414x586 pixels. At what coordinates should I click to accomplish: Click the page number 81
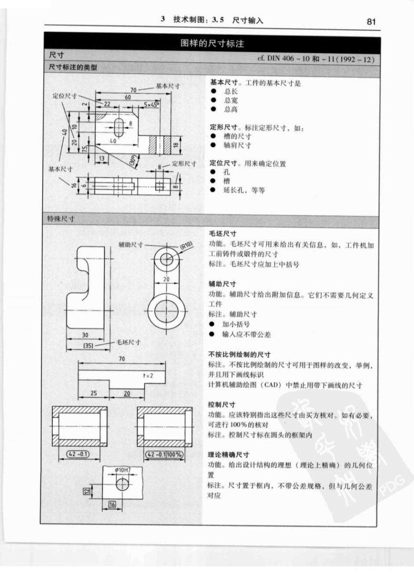[371, 22]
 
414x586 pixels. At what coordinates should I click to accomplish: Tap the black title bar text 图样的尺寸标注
[212, 43]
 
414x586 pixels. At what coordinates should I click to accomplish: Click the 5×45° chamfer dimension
[152, 105]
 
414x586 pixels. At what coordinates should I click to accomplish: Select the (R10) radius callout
[186, 246]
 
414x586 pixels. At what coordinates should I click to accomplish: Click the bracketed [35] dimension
[88, 346]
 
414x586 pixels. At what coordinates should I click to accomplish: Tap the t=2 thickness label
[148, 376]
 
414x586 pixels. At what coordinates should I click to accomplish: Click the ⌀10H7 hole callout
[123, 470]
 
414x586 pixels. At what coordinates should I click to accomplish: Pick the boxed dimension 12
[87, 492]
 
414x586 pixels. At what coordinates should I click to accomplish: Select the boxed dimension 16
[112, 505]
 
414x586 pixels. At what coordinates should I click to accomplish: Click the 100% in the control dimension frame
[174, 454]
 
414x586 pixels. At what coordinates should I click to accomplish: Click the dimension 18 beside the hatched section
[176, 145]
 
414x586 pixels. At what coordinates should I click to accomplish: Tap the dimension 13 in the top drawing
[101, 158]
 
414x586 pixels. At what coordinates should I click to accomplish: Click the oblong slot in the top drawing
[119, 128]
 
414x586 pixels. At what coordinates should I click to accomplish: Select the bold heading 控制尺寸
[222, 404]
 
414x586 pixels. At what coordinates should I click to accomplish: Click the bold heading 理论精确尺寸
[228, 455]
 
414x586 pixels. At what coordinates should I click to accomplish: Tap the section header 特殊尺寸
[60, 219]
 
